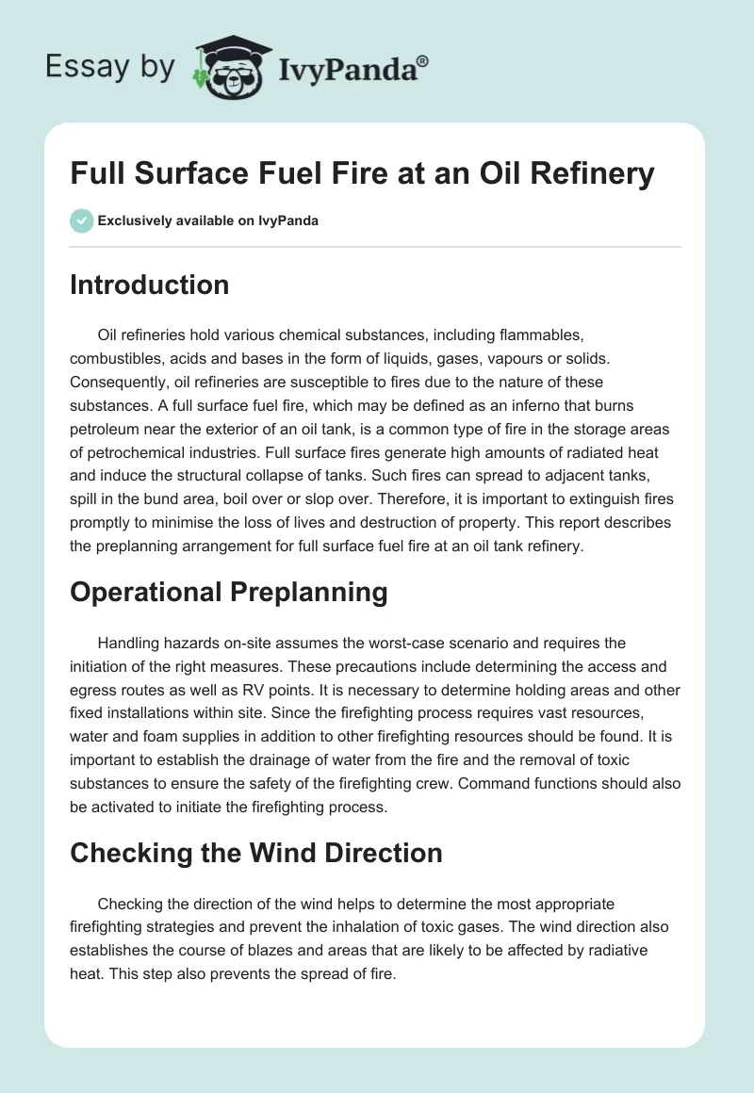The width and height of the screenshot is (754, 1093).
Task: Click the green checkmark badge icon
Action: click(81, 220)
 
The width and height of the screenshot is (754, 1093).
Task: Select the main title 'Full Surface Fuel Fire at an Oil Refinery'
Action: click(362, 174)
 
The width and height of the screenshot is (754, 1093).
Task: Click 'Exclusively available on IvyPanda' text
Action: click(208, 221)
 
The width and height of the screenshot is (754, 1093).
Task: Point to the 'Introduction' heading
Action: click(149, 285)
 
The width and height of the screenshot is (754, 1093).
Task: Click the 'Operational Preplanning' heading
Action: click(229, 592)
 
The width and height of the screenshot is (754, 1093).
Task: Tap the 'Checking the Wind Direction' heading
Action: click(256, 853)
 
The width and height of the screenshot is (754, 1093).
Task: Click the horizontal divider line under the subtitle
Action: click(375, 247)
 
